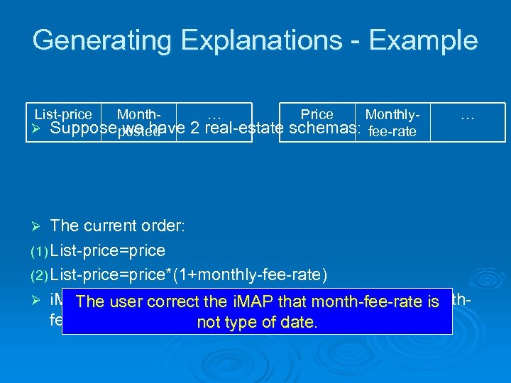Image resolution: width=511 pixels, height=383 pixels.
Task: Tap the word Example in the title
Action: pyautogui.click(x=431, y=40)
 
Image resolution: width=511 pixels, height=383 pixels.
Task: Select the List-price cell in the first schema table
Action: pyautogui.click(x=63, y=114)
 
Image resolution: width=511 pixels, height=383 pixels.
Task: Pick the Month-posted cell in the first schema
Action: pyautogui.click(x=138, y=122)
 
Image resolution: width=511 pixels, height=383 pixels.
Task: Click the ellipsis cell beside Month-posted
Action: pyautogui.click(x=214, y=115)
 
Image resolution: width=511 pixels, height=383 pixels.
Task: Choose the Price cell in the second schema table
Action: pyautogui.click(x=317, y=114)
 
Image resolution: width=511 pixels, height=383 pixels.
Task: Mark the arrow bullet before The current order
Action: pyautogui.click(x=39, y=226)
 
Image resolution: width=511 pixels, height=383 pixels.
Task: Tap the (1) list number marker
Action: pyautogui.click(x=39, y=251)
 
